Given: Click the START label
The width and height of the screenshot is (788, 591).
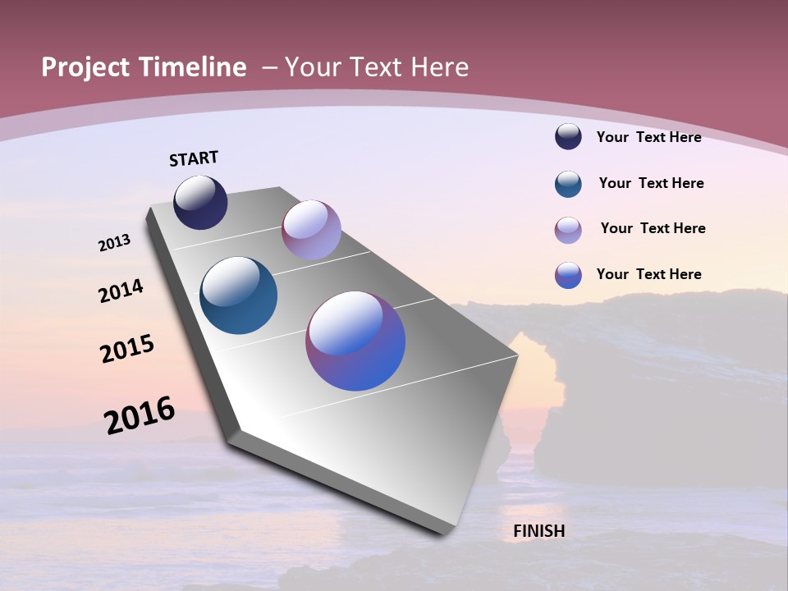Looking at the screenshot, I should [194, 158].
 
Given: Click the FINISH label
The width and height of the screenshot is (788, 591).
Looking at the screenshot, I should [538, 531].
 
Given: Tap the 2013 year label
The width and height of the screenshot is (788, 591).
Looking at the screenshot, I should [114, 243].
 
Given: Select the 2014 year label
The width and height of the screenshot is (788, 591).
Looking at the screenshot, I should [121, 291].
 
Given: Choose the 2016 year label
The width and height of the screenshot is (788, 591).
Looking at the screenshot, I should [140, 415].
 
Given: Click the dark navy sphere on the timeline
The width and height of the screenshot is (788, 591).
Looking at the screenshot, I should [200, 203].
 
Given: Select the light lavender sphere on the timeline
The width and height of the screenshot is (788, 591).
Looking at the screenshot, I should [311, 230].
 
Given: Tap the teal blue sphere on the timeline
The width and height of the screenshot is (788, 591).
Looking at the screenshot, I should [238, 295].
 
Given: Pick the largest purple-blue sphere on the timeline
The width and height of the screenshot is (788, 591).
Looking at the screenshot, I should [355, 341].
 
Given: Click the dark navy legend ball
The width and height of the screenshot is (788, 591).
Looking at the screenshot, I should [568, 137].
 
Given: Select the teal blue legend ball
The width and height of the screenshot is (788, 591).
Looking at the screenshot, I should [568, 184].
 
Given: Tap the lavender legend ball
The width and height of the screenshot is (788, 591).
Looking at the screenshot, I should [568, 230].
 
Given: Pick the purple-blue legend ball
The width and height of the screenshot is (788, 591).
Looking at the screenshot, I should [568, 275].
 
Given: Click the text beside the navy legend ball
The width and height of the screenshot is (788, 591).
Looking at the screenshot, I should [648, 137].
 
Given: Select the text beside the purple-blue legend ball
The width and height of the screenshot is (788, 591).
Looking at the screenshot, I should [648, 274].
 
